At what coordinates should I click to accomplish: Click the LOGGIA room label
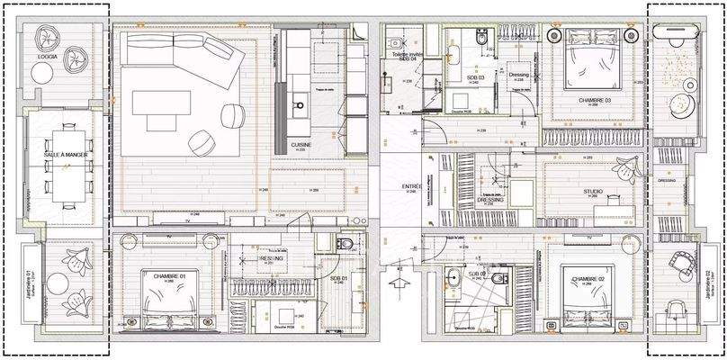click(x=48, y=57)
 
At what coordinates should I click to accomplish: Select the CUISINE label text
click(x=301, y=144)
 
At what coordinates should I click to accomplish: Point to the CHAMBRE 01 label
click(x=169, y=276)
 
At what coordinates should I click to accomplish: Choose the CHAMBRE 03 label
click(x=595, y=100)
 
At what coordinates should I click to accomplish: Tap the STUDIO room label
click(x=593, y=191)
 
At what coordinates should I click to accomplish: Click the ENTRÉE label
click(x=412, y=187)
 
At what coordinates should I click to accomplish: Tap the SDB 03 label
click(x=475, y=78)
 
